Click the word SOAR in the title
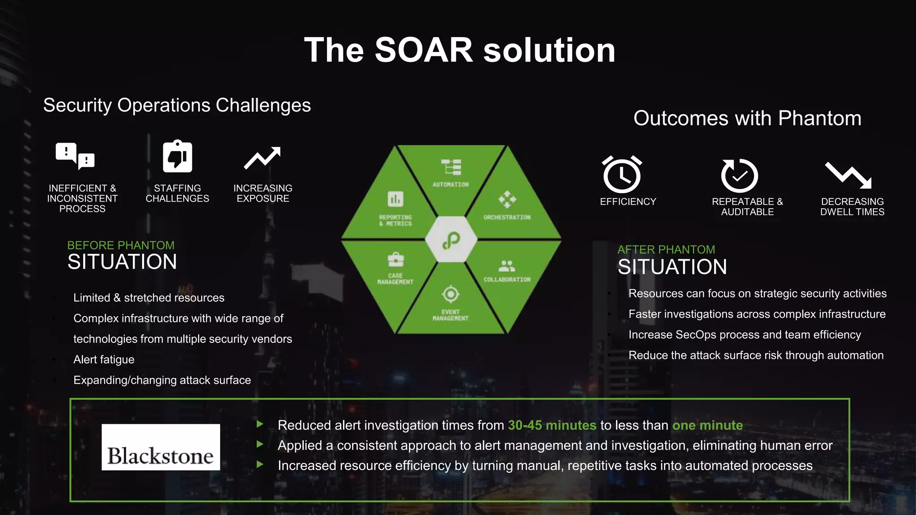point(424,50)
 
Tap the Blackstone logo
point(161,447)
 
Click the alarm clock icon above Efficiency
point(622,174)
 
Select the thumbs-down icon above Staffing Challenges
point(178,156)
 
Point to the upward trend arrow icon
point(262,158)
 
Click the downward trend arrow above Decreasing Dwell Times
point(848,175)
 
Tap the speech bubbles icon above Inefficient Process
point(75,156)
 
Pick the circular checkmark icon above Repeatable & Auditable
point(739,175)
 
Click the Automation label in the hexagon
point(450,184)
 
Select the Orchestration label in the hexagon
point(507,217)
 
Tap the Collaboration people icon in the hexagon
point(507,266)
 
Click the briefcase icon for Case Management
point(395,259)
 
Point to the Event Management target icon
point(450,294)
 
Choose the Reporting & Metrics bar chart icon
point(395,199)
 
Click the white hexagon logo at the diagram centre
point(451,239)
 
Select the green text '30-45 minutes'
point(552,425)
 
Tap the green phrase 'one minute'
point(708,425)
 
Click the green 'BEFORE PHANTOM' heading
point(121,245)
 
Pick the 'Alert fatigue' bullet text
point(104,359)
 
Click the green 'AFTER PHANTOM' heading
point(666,249)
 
